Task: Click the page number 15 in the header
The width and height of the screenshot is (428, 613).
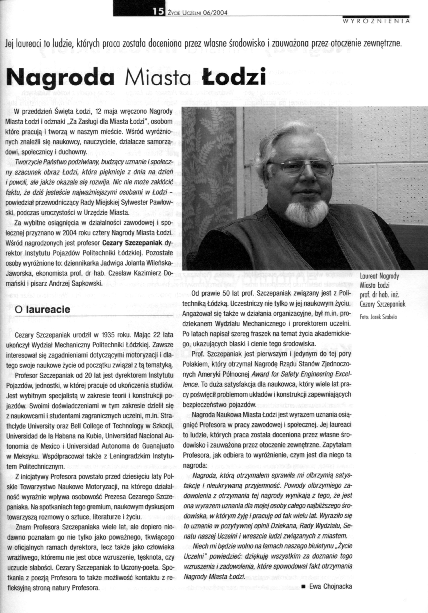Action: click(158, 12)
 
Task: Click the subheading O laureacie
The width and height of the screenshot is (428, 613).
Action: click(43, 310)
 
